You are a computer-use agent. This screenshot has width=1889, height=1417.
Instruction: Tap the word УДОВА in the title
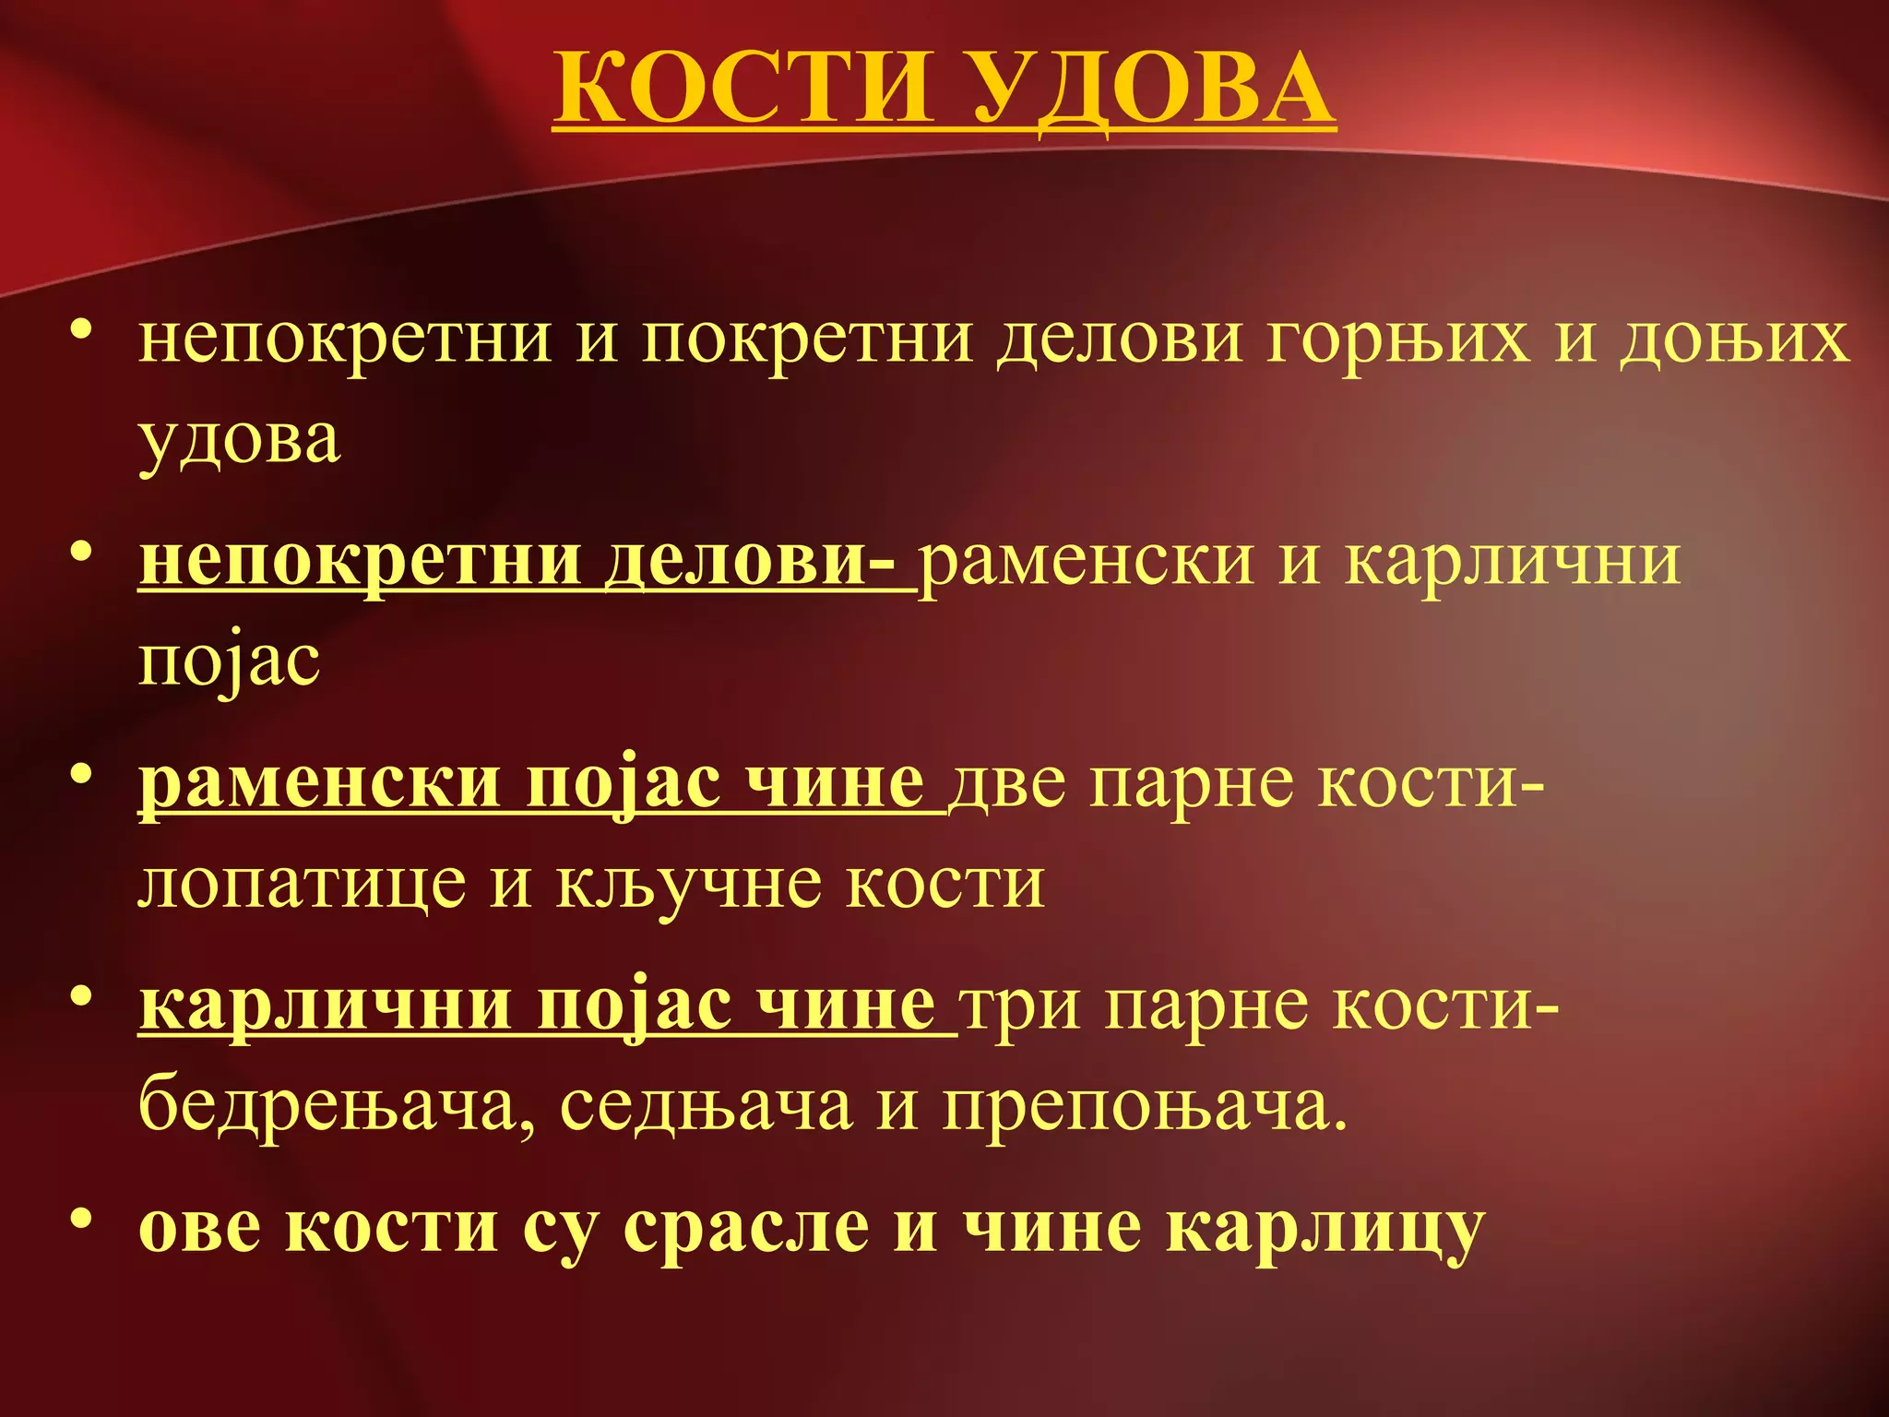coord(1153,89)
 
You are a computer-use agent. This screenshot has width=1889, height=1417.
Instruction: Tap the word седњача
coord(706,1106)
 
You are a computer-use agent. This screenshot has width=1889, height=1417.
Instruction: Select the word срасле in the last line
coord(745,1228)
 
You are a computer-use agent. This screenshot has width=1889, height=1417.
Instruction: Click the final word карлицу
coord(1325,1228)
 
